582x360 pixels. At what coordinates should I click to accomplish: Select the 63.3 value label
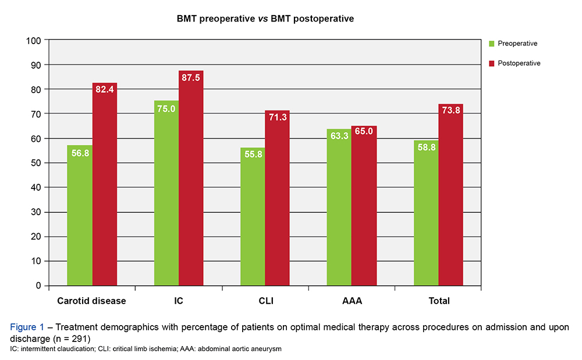click(339, 136)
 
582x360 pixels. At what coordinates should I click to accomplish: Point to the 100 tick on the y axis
click(33, 41)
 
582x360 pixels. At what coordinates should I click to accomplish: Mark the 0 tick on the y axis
click(38, 286)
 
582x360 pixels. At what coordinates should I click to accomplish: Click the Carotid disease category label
click(91, 301)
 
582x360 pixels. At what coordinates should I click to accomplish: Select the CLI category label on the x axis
click(265, 301)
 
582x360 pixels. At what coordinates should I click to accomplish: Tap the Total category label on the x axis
click(439, 301)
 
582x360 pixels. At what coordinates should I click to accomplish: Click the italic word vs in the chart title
click(264, 19)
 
